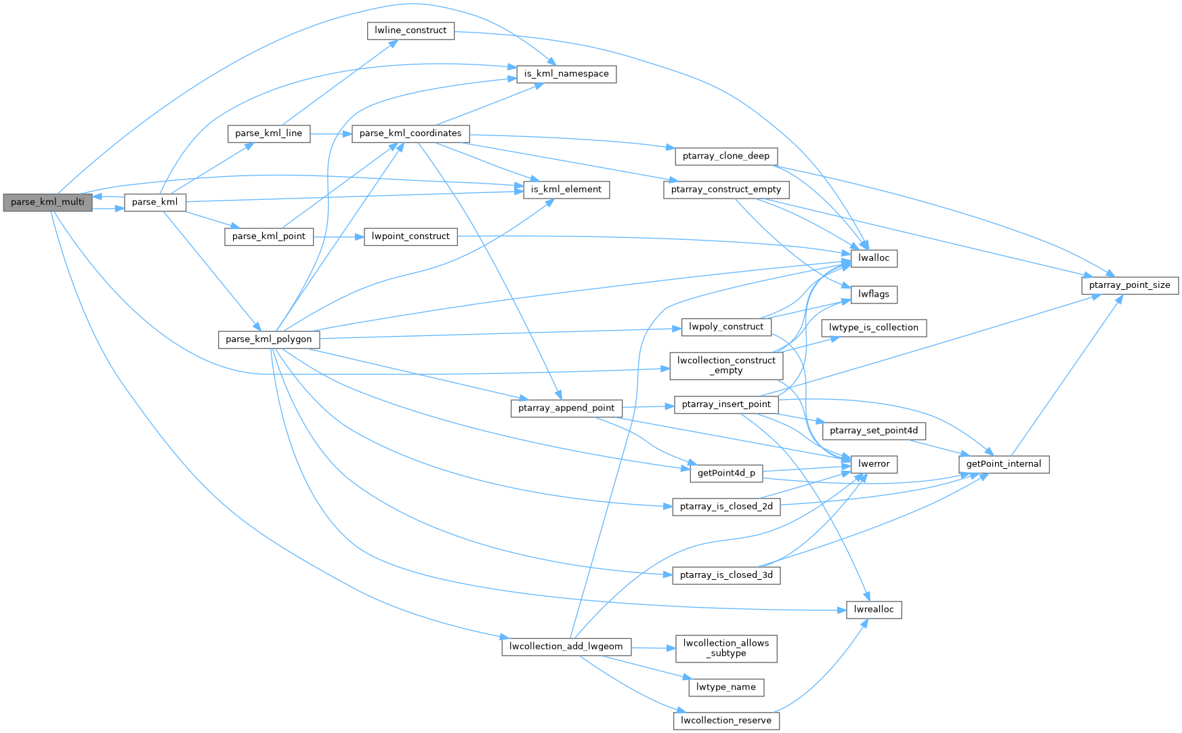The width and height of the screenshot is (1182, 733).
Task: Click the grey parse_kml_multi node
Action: point(47,202)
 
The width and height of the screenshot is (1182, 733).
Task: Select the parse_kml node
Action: point(154,202)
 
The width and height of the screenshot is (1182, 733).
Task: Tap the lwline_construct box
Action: point(410,30)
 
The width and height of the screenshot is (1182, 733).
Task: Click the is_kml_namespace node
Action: point(566,74)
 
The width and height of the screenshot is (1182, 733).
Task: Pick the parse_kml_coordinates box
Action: point(410,133)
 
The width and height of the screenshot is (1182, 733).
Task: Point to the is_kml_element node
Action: point(566,190)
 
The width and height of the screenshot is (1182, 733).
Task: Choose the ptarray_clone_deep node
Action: point(726,156)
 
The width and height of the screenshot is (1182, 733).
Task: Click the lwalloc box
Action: point(874,258)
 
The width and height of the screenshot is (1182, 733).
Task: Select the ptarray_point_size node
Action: point(1129,285)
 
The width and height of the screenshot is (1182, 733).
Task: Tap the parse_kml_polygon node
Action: point(269,339)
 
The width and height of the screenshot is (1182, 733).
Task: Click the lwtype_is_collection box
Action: point(873,328)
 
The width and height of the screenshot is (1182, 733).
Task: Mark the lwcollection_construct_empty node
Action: point(726,366)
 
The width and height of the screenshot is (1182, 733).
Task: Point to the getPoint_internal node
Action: point(1004,464)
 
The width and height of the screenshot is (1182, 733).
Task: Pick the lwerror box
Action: point(874,464)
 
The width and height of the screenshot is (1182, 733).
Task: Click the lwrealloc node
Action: point(874,610)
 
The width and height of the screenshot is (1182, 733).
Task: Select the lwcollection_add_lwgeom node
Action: point(566,646)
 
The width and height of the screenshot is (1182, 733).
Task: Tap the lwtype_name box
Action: point(726,687)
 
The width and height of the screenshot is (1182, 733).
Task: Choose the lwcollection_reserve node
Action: point(726,720)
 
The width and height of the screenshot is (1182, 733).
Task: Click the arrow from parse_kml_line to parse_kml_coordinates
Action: point(331,133)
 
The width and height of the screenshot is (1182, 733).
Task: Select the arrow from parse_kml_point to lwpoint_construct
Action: point(339,236)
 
